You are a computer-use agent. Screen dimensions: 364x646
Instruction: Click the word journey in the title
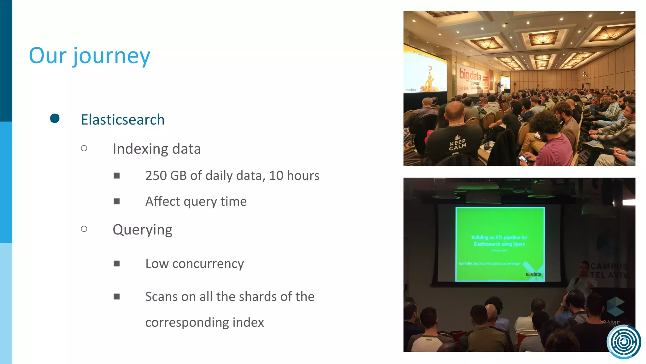[112, 56]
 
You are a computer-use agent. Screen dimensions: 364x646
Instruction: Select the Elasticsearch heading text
[123, 120]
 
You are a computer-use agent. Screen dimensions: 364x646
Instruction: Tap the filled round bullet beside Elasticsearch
[55, 118]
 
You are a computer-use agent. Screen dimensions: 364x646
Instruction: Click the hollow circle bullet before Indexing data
[84, 148]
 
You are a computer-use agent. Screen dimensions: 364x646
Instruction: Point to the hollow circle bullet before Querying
[84, 229]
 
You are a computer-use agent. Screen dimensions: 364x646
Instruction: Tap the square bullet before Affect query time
[117, 201]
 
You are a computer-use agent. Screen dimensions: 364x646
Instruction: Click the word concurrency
[208, 264]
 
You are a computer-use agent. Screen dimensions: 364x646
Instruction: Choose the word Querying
[143, 230]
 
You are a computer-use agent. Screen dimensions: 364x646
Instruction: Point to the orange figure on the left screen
[429, 81]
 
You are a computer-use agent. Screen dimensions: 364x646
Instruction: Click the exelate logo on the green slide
[534, 274]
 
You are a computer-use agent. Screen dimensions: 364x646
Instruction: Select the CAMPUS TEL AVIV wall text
[609, 270]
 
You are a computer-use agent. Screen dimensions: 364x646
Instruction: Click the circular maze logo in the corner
[624, 342]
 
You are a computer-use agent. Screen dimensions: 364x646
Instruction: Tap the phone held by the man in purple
[523, 158]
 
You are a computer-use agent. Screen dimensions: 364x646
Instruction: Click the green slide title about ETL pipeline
[499, 240]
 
